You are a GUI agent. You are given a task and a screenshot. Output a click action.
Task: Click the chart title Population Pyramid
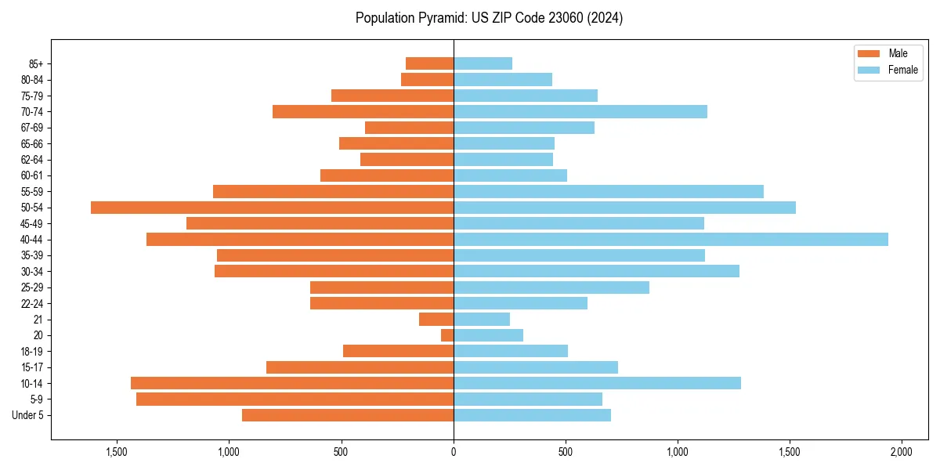489,18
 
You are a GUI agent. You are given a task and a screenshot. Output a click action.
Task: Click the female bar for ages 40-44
671,239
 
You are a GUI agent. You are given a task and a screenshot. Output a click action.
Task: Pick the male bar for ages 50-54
272,208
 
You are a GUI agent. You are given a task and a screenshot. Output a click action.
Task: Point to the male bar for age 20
447,335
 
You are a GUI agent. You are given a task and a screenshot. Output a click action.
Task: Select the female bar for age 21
482,319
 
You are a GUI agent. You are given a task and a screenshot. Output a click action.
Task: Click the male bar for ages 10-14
292,383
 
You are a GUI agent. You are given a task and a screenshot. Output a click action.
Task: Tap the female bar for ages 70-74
580,111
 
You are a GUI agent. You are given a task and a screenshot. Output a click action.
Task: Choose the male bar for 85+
429,63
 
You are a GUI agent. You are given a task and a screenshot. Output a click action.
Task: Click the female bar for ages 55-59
609,191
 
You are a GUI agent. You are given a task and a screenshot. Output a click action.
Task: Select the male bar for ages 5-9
295,399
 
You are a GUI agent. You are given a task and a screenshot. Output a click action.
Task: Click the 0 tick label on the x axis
454,453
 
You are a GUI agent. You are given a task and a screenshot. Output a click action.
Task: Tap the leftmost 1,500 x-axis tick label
117,453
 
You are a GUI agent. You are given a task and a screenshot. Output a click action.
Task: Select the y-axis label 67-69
32,128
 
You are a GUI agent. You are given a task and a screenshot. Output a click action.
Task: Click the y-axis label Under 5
28,415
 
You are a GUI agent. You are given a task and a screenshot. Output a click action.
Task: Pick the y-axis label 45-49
32,223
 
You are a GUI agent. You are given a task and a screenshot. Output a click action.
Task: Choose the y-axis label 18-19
32,351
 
